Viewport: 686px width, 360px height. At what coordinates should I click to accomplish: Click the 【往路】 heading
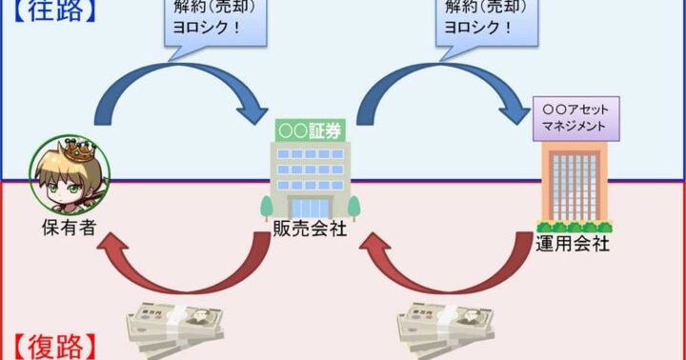53,10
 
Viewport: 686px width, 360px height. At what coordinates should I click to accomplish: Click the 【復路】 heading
53,348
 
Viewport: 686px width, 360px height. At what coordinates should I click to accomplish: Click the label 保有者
70,228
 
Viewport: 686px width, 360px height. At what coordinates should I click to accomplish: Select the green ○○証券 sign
311,130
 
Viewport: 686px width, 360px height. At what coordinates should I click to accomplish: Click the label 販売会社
311,229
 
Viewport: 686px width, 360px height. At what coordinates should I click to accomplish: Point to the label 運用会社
573,244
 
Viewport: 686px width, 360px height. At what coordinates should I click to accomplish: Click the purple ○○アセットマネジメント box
575,118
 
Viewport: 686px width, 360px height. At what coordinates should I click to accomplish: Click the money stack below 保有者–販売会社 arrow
175,328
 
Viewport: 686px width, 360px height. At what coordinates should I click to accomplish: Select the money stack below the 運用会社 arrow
446,328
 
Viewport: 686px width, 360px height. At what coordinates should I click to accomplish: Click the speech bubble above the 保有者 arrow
215,24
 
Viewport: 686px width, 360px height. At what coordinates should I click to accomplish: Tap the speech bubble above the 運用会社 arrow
487,24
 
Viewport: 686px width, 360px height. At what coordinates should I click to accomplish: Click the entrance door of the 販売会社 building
311,208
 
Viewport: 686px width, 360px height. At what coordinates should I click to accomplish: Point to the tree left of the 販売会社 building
267,207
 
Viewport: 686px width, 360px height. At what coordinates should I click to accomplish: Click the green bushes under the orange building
575,228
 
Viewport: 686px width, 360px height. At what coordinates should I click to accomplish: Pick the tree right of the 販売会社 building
353,207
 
